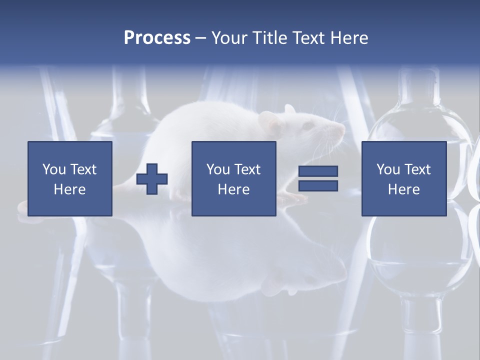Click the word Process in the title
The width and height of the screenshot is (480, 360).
click(x=157, y=37)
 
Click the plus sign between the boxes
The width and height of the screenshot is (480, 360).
click(x=152, y=179)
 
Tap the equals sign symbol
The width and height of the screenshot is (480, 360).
click(x=318, y=178)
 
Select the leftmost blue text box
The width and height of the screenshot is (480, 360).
click(x=70, y=178)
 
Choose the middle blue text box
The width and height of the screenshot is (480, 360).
click(x=233, y=178)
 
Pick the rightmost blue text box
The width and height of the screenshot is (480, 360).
click(x=403, y=178)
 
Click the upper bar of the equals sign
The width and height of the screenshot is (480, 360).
click(x=318, y=171)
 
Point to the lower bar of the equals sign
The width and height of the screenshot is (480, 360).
click(x=318, y=185)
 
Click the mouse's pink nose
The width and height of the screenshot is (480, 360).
click(x=342, y=129)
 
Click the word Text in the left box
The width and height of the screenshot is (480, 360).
click(x=83, y=169)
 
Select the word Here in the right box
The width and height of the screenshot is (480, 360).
click(x=403, y=189)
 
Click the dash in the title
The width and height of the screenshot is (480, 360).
click(x=200, y=38)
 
